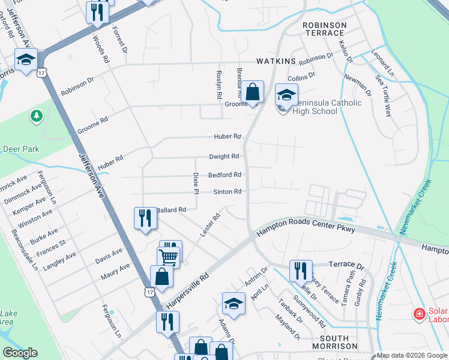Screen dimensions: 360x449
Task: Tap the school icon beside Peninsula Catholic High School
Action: pos(286,95)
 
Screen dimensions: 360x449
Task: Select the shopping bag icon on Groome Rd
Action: pos(253,93)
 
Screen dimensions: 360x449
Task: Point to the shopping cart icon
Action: pos(169,257)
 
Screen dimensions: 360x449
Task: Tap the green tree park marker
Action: pos(37,115)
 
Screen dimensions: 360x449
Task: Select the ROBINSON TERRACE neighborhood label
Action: pos(325,29)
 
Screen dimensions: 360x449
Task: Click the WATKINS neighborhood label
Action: pos(277,61)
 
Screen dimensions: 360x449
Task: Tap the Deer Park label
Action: pos(20,149)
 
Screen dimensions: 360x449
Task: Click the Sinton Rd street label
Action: pos(228,192)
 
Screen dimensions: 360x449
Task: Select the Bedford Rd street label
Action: pos(225,175)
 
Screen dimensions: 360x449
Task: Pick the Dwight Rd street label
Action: pos(224,157)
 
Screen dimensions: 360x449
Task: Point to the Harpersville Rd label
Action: pos(187,292)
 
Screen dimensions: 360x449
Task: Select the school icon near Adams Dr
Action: pos(234,304)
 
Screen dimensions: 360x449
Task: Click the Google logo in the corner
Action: pos(20,353)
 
